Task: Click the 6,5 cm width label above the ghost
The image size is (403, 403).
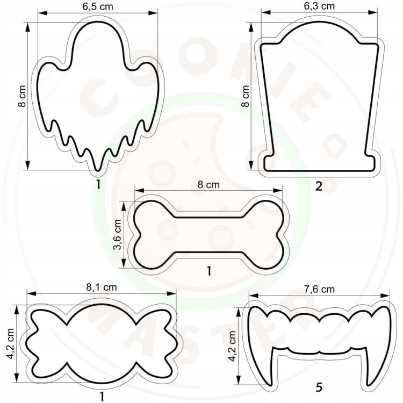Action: coord(98,6)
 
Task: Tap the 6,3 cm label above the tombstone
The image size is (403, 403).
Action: coord(319,6)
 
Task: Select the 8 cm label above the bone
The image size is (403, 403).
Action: coord(208,184)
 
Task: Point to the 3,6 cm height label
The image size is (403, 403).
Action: coord(117,234)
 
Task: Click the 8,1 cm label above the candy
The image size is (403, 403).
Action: coord(101,287)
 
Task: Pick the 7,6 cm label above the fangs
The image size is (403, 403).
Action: coord(319,290)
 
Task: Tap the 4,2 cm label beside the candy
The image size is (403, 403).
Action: coord(11,344)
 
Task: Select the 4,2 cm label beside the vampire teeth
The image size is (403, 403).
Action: coord(232,346)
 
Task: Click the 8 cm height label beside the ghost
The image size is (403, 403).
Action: coord(23,96)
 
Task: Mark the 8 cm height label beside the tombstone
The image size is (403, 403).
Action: coord(246,96)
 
